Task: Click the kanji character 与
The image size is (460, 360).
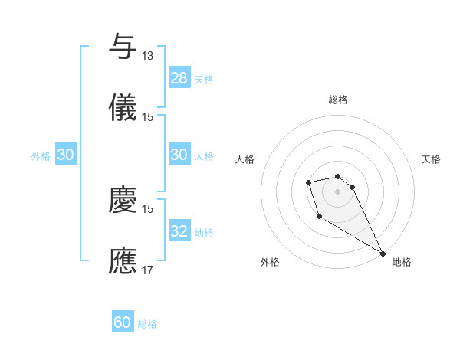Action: coord(123,47)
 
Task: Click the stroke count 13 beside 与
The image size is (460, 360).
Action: coord(148,56)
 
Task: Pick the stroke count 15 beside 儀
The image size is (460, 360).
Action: coord(148,117)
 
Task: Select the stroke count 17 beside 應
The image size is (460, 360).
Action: coord(148,270)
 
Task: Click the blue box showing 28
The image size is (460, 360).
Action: coord(179,78)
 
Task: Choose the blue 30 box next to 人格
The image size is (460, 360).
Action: coord(179,155)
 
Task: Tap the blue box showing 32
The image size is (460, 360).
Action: coord(179,231)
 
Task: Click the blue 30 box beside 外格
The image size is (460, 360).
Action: coord(66,155)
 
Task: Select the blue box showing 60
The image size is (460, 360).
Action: coord(123,322)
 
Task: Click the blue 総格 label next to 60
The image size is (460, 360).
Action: coord(147,324)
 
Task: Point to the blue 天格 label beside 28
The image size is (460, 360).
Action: coord(204,80)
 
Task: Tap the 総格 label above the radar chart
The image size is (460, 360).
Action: coord(338,100)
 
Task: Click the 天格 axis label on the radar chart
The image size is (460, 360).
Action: coord(432,159)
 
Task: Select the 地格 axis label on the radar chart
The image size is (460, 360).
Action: coord(402,262)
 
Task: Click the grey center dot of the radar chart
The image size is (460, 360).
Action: coord(337,190)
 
